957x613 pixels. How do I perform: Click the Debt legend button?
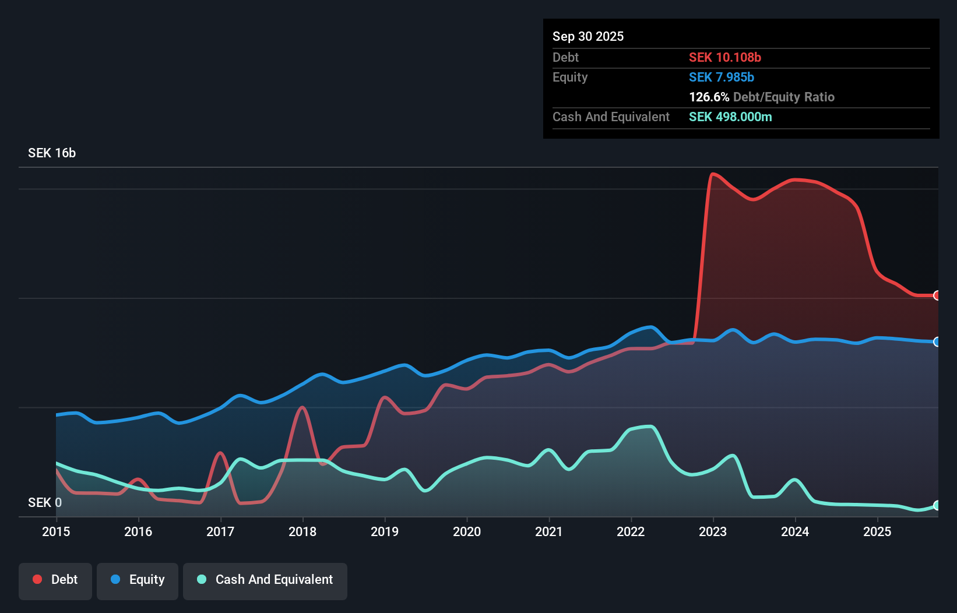[x=55, y=580]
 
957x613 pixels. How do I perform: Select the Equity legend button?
[x=138, y=580]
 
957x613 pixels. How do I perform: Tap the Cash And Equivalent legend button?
[x=265, y=580]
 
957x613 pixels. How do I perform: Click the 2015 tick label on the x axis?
[x=56, y=531]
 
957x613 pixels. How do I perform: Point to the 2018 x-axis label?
[x=302, y=531]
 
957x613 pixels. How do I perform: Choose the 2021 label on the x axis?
[x=549, y=531]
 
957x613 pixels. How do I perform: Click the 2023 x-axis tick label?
[x=713, y=531]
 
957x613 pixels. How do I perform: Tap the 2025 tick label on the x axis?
[x=877, y=531]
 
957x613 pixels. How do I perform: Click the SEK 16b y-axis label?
[x=52, y=153]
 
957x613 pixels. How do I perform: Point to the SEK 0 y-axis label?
[x=45, y=502]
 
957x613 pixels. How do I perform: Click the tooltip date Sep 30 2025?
[x=587, y=36]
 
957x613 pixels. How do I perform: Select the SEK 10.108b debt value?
[x=724, y=57]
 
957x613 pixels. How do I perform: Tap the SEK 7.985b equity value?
[x=721, y=77]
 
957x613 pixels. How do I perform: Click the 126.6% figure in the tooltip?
[x=709, y=97]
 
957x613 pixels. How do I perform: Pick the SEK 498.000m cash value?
[x=730, y=117]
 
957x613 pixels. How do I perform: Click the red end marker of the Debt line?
[x=937, y=295]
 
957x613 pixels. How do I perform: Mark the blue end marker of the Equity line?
[x=937, y=342]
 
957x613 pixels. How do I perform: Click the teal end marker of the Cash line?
[x=937, y=505]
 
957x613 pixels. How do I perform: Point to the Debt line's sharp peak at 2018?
[x=302, y=407]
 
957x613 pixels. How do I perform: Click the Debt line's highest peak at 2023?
[x=713, y=174]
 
